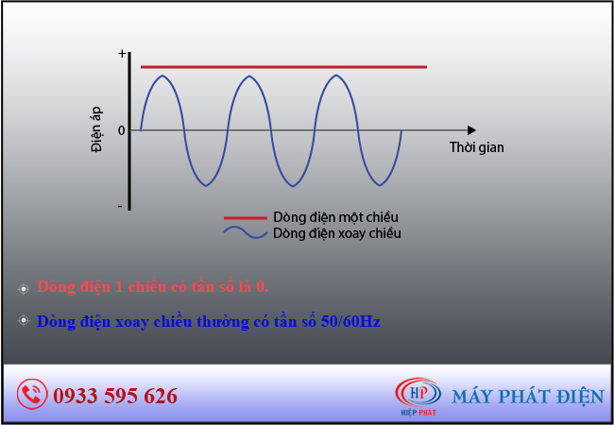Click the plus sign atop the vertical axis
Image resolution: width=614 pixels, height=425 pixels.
pyautogui.click(x=122, y=54)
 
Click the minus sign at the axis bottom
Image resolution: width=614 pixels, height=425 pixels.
pyautogui.click(x=120, y=206)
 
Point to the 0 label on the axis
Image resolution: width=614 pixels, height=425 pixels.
pyautogui.click(x=122, y=130)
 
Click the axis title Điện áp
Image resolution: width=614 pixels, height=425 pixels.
pyautogui.click(x=96, y=129)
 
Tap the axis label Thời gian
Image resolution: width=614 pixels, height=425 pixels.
pyautogui.click(x=476, y=147)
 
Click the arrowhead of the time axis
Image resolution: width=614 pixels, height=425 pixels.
pyautogui.click(x=471, y=130)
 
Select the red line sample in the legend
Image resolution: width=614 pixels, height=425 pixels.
pyautogui.click(x=246, y=217)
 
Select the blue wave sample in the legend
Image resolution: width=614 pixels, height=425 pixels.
pyautogui.click(x=246, y=233)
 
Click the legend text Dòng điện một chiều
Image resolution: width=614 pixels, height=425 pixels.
pyautogui.click(x=335, y=217)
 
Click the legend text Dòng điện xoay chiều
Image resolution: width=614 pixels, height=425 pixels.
pyautogui.click(x=337, y=233)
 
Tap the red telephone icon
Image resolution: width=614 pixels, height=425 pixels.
pyautogui.click(x=32, y=394)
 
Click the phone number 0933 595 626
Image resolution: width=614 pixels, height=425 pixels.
pyautogui.click(x=115, y=396)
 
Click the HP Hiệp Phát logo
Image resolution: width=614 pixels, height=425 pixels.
pyautogui.click(x=418, y=396)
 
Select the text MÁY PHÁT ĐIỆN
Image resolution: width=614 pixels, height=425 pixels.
pyautogui.click(x=528, y=396)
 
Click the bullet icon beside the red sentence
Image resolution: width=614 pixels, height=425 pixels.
pyautogui.click(x=24, y=289)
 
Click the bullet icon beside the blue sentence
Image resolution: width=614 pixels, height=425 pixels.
pyautogui.click(x=24, y=321)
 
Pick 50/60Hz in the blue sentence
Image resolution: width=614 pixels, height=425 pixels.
pyautogui.click(x=350, y=322)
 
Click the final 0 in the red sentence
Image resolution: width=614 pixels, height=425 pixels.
pyautogui.click(x=261, y=287)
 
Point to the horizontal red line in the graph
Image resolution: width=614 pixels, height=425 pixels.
pyautogui.click(x=284, y=67)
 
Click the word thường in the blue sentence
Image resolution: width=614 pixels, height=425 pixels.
pyautogui.click(x=222, y=322)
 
